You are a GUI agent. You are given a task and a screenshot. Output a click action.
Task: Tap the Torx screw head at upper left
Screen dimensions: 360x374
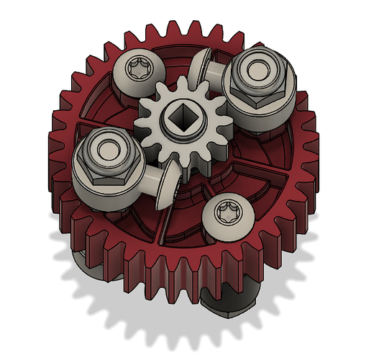point(137,71)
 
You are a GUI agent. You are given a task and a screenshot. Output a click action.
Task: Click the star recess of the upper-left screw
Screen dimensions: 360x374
point(137,70)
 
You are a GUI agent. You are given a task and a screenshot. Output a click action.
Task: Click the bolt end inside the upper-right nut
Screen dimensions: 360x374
point(257,71)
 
